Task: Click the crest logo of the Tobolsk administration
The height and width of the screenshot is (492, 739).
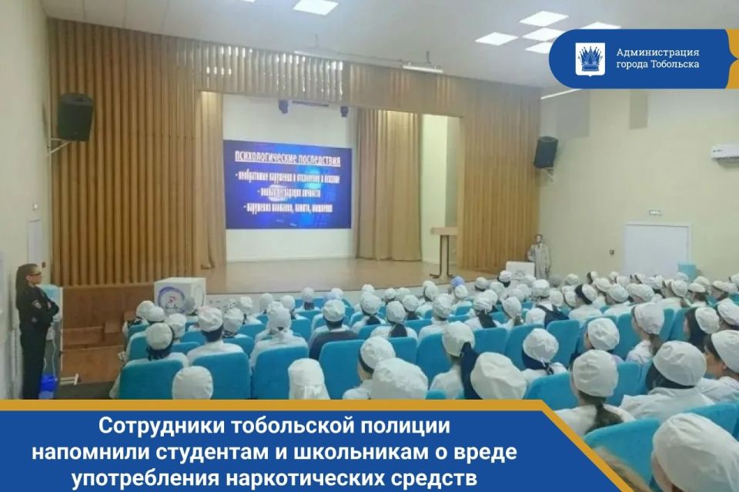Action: coord(590,59)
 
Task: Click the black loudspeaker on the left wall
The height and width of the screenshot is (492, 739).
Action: coord(75,117)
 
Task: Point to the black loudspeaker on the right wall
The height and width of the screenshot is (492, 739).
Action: coord(545,152)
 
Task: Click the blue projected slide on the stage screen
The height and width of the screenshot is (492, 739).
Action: coord(287,184)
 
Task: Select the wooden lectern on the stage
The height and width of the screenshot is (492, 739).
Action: coord(443,250)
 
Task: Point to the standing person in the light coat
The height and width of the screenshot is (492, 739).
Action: coord(540,256)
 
